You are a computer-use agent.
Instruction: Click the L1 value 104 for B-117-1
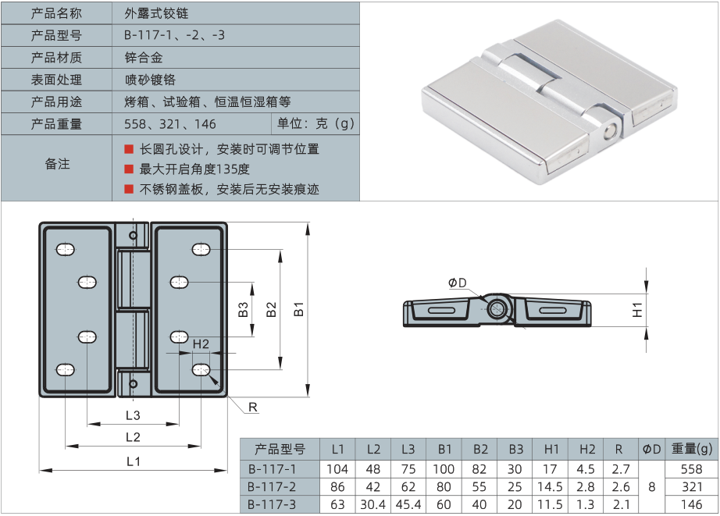[337, 469]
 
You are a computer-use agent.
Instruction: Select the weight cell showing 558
[692, 469]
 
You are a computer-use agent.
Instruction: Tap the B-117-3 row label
[272, 504]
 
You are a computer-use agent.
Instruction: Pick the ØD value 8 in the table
[651, 486]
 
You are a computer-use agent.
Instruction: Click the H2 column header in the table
[587, 449]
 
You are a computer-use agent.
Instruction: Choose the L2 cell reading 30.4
[373, 504]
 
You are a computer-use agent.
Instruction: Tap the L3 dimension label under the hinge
[132, 415]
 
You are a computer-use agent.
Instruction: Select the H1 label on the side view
[638, 309]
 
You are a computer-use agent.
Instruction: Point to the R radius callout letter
[253, 407]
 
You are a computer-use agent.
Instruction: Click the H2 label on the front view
[200, 343]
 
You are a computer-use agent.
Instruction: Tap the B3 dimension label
[244, 309]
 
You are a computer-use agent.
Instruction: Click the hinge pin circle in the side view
[497, 308]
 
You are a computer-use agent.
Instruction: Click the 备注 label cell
[57, 164]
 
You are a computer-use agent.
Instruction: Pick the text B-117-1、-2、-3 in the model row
[174, 36]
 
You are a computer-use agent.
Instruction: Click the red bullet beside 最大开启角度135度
[129, 169]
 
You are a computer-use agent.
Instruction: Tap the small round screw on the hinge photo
[609, 132]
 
